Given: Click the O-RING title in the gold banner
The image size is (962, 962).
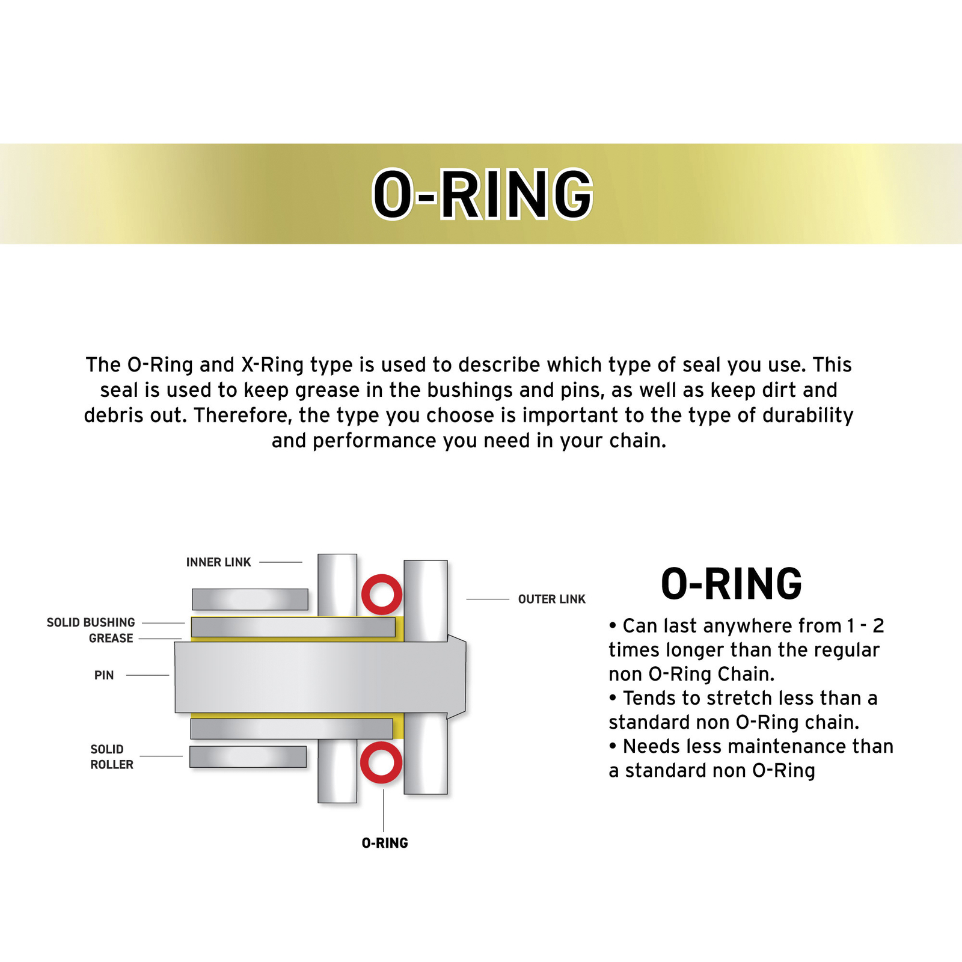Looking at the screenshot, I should (482, 194).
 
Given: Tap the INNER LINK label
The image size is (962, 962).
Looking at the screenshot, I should (218, 562).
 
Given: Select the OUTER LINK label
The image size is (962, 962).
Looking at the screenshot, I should (551, 599).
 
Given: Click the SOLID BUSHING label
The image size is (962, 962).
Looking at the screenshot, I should (91, 622).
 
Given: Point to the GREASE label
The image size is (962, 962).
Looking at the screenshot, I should (111, 639).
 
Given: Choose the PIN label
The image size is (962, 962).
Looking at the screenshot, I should (104, 675).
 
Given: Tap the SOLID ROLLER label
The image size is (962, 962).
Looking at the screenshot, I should (111, 757).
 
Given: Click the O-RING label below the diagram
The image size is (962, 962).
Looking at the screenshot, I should (385, 843).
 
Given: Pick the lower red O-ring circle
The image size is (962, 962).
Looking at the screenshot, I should (381, 762).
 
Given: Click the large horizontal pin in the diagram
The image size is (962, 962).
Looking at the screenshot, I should (313, 677).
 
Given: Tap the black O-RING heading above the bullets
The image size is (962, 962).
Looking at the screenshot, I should (731, 584).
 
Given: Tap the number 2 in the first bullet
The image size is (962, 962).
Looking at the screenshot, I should (878, 626).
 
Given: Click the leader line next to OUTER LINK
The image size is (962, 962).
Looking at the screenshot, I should (488, 599).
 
